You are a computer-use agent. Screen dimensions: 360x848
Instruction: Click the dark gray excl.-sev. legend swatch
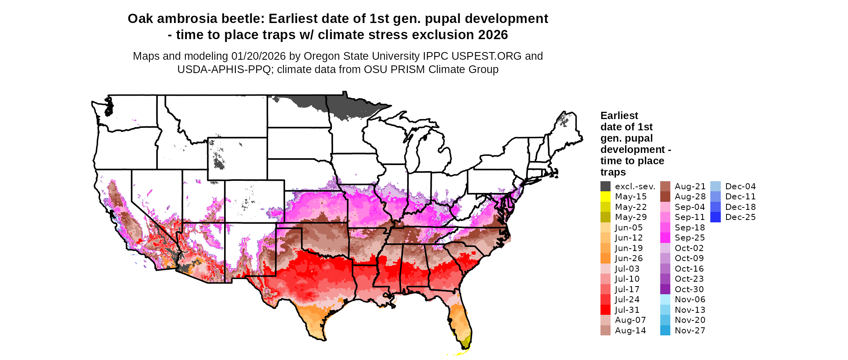605,186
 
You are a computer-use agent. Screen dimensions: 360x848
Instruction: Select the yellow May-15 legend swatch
605,197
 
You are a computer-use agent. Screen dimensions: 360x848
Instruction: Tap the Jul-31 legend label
627,310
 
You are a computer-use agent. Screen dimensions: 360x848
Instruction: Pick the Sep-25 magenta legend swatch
665,238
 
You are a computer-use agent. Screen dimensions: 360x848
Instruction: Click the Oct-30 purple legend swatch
665,289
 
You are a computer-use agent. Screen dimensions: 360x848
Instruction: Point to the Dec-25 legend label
740,217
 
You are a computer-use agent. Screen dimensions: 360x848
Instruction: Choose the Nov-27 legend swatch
665,330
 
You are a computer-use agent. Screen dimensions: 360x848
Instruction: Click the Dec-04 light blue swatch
715,186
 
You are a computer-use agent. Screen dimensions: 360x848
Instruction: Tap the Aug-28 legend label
690,197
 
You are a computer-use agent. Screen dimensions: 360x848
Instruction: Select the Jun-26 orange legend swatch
605,258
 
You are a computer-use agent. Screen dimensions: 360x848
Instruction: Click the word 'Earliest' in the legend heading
619,116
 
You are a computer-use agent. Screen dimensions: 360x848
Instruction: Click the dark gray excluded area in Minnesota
347,107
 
